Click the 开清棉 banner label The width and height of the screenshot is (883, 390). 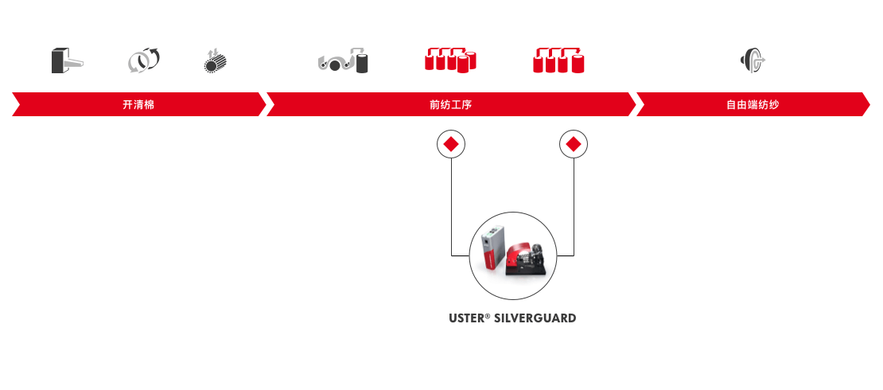[138, 104]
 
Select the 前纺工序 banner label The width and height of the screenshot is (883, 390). [450, 104]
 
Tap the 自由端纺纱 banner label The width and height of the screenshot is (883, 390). [753, 104]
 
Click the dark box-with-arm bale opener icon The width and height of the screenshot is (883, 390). [67, 60]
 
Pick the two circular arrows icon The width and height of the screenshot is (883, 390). [144, 60]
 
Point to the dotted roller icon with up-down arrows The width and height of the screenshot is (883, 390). [214, 61]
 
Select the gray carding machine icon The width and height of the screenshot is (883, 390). [343, 60]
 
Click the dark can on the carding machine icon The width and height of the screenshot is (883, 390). [362, 64]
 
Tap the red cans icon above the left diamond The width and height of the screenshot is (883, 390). [450, 60]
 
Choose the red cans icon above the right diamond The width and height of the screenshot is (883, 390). [558, 60]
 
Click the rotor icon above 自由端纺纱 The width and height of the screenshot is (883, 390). [753, 60]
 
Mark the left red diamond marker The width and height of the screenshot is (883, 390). [451, 144]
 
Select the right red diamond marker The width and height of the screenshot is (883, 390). [574, 144]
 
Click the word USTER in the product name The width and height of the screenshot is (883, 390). [466, 318]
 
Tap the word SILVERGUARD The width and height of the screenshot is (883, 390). [535, 318]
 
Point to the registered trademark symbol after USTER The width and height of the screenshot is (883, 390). [488, 316]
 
